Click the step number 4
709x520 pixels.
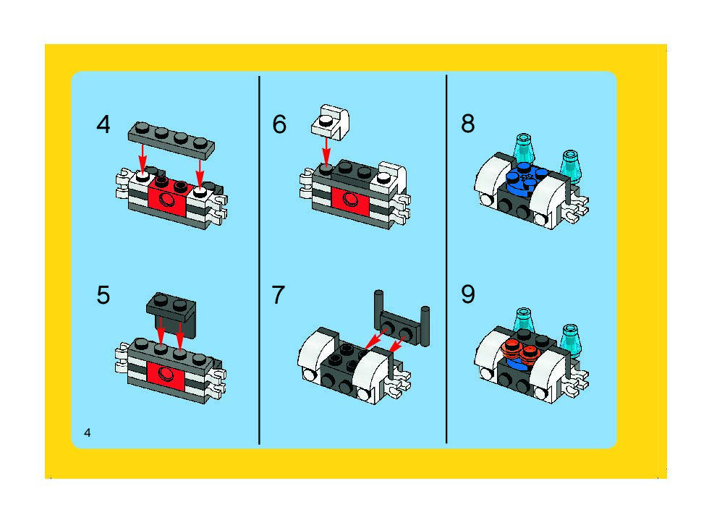pyautogui.click(x=103, y=125)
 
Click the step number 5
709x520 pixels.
pyautogui.click(x=103, y=295)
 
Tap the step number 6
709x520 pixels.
pyautogui.click(x=279, y=124)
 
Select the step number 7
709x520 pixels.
pyautogui.click(x=278, y=295)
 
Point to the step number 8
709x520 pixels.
pyautogui.click(x=468, y=124)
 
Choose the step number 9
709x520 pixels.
pyautogui.click(x=468, y=294)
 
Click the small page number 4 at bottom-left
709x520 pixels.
pyautogui.click(x=88, y=432)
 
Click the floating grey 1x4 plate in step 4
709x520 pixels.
pyautogui.click(x=171, y=140)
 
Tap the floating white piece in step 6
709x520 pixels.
pyautogui.click(x=331, y=122)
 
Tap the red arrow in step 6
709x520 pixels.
pyautogui.click(x=326, y=153)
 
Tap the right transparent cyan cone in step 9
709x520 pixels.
pyautogui.click(x=570, y=340)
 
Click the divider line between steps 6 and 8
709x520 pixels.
pyautogui.click(x=446, y=259)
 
